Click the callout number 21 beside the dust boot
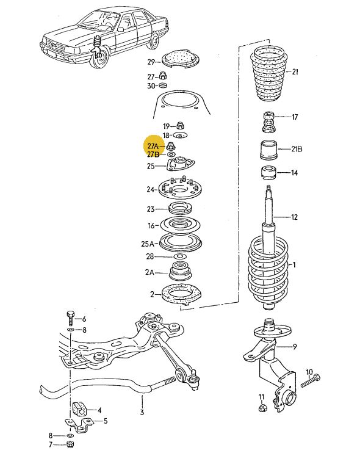pyautogui.click(x=295, y=71)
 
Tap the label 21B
pyautogui.click(x=297, y=149)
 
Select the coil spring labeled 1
pyautogui.click(x=268, y=272)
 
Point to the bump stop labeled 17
pyautogui.click(x=268, y=121)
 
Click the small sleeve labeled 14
pyautogui.click(x=268, y=173)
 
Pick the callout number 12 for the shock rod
pyautogui.click(x=294, y=217)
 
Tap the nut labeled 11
pyautogui.click(x=262, y=408)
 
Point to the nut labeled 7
pyautogui.click(x=70, y=444)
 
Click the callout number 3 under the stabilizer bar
pyautogui.click(x=142, y=412)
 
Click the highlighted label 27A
pyautogui.click(x=153, y=146)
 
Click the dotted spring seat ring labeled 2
pyautogui.click(x=182, y=295)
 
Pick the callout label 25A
pyautogui.click(x=148, y=244)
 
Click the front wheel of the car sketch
pyautogui.click(x=99, y=59)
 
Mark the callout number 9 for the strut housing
pyautogui.click(x=294, y=346)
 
